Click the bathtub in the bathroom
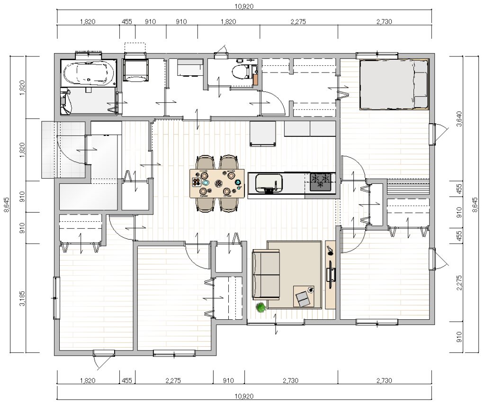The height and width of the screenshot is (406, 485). coord(89,73)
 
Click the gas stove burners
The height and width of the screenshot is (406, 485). coord(320,181)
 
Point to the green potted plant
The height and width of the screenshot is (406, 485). coord(261,307)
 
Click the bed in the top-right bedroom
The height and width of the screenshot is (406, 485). coord(394,84)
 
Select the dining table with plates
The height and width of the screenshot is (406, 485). coord(217,183)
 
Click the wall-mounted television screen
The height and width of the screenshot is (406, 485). coord(330,271)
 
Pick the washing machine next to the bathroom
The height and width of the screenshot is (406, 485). coord(135,70)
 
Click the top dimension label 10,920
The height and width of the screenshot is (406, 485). coord(244,6)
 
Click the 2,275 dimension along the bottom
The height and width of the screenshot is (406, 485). coord(173,380)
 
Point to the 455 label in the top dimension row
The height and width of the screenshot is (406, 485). coord(127,22)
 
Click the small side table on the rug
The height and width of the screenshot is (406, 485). coord(304,296)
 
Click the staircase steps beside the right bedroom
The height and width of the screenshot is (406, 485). coord(408,187)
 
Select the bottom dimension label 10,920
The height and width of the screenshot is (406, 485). coord(244,396)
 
